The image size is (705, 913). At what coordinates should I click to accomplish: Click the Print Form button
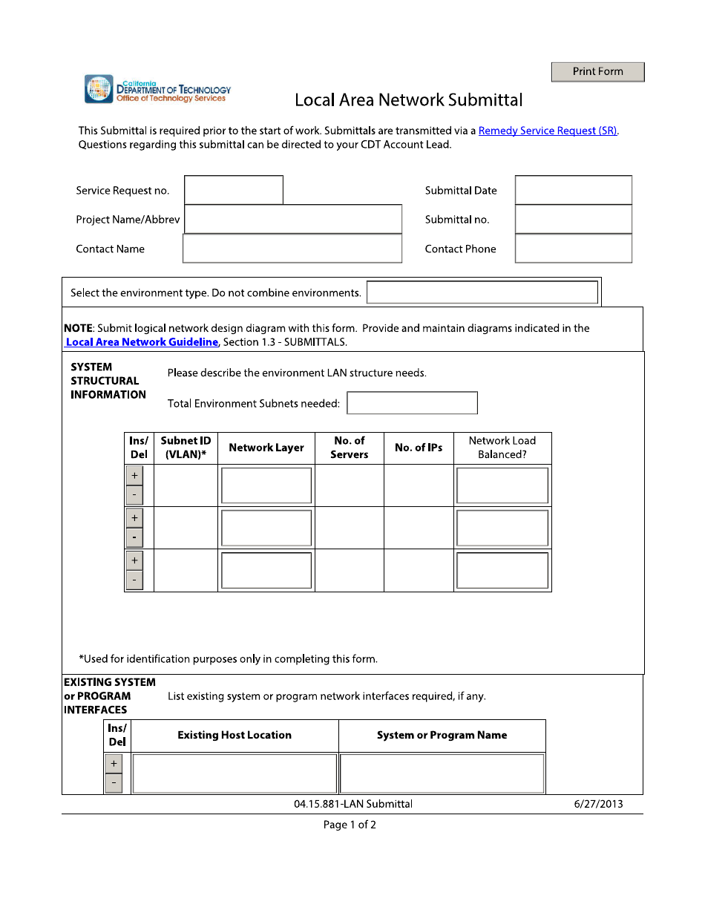click(x=597, y=72)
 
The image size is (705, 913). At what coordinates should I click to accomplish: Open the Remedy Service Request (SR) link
click(x=548, y=131)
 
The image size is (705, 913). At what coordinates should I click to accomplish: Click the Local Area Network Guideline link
click(x=142, y=342)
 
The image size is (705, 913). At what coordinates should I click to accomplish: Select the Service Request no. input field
click(x=234, y=190)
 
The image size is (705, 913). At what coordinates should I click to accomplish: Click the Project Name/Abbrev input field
click(x=292, y=220)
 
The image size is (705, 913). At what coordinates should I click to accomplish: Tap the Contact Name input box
click(x=292, y=249)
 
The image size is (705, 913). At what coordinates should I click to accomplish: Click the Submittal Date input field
click(x=573, y=190)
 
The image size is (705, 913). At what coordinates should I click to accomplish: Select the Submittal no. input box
click(x=573, y=220)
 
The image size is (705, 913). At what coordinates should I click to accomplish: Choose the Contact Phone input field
click(x=573, y=249)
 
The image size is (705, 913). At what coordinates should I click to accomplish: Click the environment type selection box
click(x=482, y=292)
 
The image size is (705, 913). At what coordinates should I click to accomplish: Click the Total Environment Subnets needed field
click(x=412, y=403)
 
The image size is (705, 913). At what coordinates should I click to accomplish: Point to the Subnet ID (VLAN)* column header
click(x=186, y=448)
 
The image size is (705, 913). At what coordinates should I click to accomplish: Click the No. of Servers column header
click(x=349, y=448)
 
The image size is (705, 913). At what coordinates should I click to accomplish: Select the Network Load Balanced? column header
click(x=502, y=448)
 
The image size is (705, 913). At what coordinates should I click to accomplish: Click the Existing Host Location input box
click(x=235, y=773)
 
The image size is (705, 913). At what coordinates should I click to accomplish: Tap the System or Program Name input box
click(x=442, y=773)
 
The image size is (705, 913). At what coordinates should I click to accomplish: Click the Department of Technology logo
click(x=157, y=89)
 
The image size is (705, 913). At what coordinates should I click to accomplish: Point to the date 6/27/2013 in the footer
click(x=598, y=804)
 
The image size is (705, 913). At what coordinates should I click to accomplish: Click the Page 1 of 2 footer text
click(x=350, y=825)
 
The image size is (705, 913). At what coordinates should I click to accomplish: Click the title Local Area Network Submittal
click(x=408, y=100)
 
